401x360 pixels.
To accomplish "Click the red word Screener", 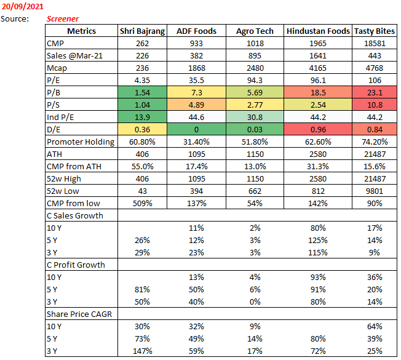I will click(63, 18).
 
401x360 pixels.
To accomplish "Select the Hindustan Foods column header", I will click(318, 31).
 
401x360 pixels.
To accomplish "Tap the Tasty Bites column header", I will click(375, 31).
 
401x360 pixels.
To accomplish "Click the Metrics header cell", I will click(81, 31).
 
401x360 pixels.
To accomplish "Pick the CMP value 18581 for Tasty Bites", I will click(375, 44).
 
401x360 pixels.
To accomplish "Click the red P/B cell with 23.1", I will click(375, 92).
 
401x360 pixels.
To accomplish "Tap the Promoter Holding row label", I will click(81, 142).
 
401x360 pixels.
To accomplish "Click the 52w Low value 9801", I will click(375, 191).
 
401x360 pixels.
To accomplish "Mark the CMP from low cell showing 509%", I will click(142, 203).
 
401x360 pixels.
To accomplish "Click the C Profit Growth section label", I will click(76, 265).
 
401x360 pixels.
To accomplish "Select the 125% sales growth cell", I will click(318, 240).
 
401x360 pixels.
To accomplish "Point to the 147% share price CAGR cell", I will click(142, 351).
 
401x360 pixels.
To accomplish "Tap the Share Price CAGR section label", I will click(76, 314).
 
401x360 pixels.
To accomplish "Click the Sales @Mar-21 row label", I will click(73, 55).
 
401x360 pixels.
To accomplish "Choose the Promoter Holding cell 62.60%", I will click(318, 142).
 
